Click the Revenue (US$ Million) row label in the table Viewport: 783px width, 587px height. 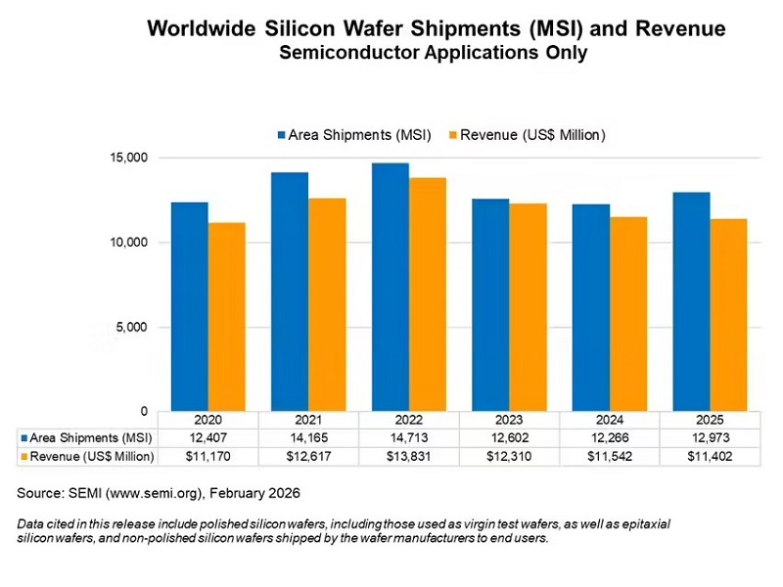[x=92, y=457]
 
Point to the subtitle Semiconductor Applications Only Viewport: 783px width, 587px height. [x=434, y=54]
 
